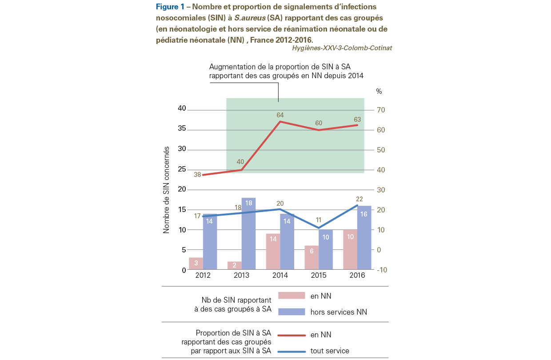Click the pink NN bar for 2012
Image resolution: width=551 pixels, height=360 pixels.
196,263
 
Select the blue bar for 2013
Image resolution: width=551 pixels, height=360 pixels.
248,233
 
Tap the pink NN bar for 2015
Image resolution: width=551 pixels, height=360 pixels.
311,257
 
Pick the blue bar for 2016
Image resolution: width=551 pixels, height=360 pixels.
364,237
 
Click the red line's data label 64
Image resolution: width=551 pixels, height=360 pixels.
280,115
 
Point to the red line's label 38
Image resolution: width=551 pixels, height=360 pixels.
197,175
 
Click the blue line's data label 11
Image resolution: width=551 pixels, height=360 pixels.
319,220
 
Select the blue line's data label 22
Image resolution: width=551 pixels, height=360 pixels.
359,199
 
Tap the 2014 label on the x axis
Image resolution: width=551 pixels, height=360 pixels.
280,276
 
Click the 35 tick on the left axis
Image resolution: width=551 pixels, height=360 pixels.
182,128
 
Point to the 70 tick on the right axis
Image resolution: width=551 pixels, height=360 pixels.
381,110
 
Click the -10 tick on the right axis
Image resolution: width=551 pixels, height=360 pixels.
382,270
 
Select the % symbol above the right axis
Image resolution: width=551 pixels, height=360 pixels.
379,92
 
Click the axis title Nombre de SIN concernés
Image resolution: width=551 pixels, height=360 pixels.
166,190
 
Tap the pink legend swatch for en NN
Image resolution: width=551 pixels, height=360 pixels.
291,296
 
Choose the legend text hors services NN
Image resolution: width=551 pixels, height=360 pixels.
339,312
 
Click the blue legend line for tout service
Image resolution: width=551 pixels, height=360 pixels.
291,352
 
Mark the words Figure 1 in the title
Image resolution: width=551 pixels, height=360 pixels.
170,7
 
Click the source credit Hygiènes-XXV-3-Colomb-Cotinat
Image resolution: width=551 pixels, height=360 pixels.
342,48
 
